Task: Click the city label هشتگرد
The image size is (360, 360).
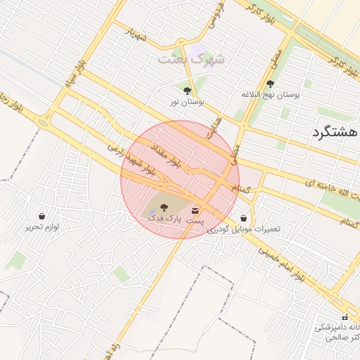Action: (x=334, y=132)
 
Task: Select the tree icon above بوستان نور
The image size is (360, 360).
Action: (x=186, y=91)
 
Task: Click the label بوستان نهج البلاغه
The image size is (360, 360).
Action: (x=271, y=94)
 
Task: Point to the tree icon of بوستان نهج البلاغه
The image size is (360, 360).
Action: (x=271, y=83)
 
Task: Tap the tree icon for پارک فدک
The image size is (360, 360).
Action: (x=165, y=207)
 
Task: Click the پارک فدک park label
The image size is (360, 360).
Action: (x=165, y=219)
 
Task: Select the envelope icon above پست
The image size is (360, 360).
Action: (x=195, y=210)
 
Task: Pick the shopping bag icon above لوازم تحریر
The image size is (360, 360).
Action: (x=42, y=216)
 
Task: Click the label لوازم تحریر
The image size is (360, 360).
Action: (x=42, y=227)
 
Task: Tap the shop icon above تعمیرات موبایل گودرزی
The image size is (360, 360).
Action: (x=243, y=219)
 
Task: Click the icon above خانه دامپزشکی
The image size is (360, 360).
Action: (x=345, y=317)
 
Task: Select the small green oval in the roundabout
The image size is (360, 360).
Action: (x=43, y=123)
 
